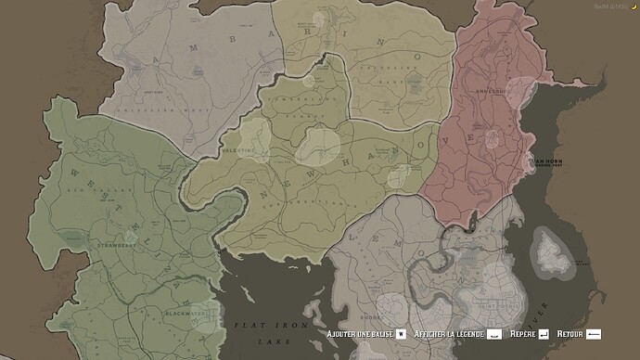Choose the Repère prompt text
517,333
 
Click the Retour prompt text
570,333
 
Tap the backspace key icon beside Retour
594,333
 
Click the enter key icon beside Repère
544,333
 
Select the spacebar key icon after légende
495,333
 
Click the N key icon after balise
401,333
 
